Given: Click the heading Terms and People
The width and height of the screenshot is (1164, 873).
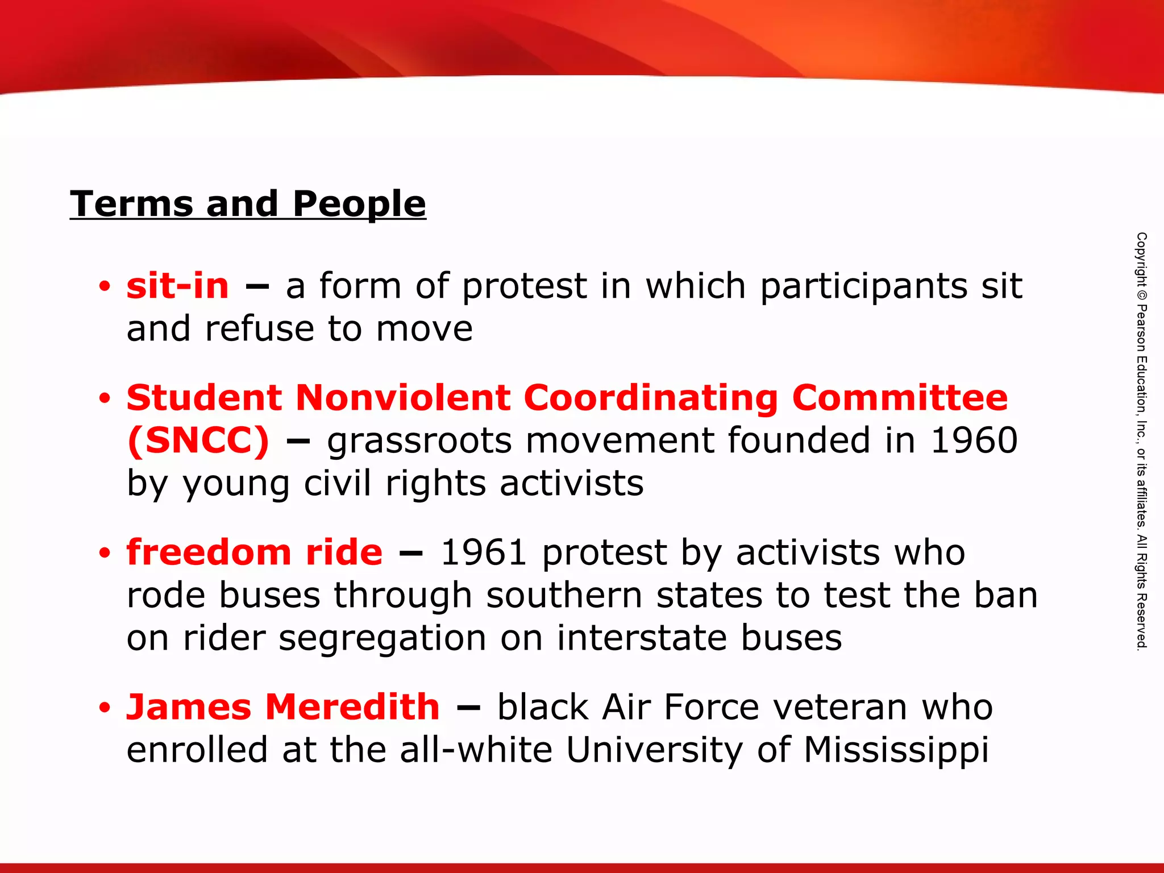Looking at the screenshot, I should point(248,203).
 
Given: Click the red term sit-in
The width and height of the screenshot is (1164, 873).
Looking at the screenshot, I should point(177,285).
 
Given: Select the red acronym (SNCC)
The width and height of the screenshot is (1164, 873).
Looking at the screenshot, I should point(198,440).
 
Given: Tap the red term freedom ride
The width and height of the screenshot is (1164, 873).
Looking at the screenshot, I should point(255,552).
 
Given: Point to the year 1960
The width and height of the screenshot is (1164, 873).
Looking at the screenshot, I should point(974,440).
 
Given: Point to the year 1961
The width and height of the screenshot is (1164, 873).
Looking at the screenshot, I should point(484,552).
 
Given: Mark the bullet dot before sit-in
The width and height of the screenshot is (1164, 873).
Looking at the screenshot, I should point(104,287).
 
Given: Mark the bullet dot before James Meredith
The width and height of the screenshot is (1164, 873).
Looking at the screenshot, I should point(104,708).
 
